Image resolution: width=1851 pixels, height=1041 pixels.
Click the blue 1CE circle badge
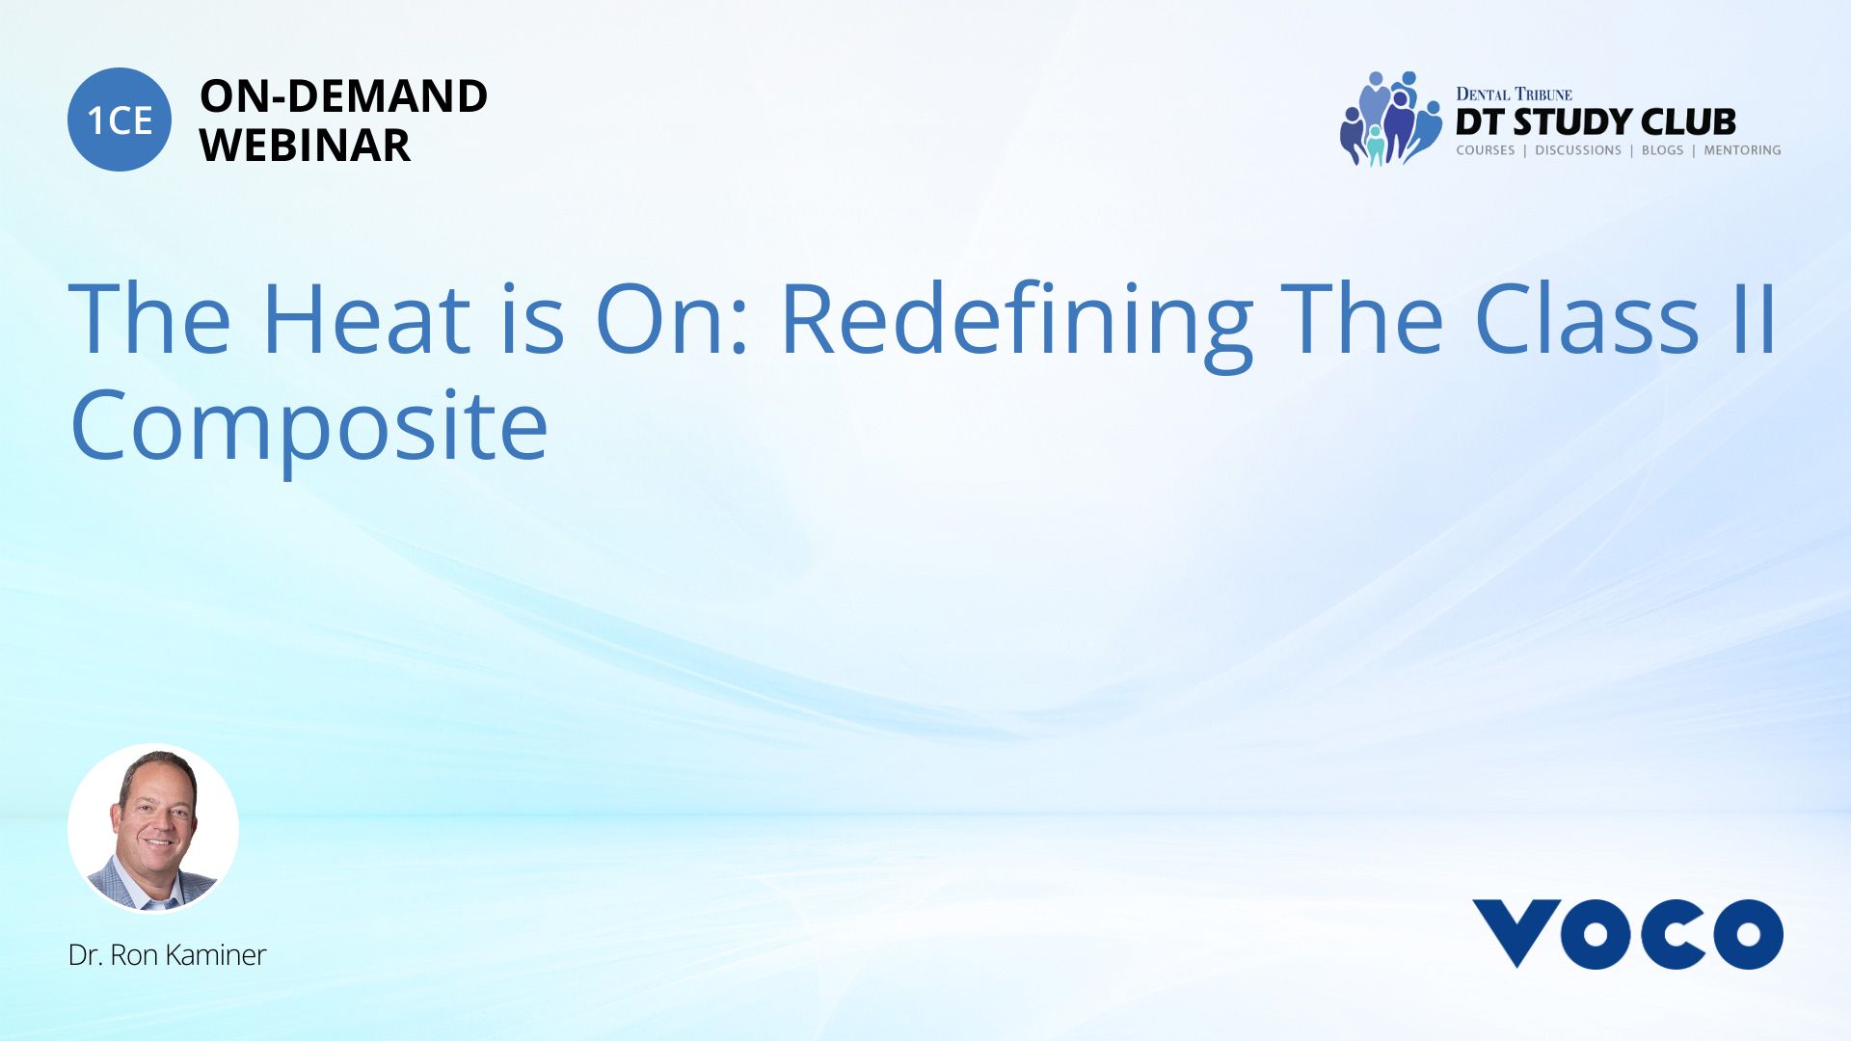tap(120, 120)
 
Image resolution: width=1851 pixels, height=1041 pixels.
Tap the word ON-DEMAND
tap(343, 96)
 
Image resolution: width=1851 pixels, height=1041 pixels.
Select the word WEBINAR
tap(305, 146)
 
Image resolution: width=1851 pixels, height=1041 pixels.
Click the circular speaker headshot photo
tap(153, 829)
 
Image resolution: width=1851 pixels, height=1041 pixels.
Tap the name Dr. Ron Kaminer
tap(167, 955)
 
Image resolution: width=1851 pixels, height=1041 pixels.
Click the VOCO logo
tap(1627, 933)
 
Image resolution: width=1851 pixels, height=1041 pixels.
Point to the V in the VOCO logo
tap(1516, 933)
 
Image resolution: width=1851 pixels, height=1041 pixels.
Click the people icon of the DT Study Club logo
tap(1390, 119)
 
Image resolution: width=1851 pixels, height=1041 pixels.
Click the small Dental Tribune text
tap(1514, 94)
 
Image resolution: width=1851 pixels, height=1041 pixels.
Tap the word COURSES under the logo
tap(1485, 150)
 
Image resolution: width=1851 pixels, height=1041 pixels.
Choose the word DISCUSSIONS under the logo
tap(1578, 150)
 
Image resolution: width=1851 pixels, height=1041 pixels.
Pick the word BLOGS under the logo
tap(1662, 150)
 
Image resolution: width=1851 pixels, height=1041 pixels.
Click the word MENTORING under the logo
tap(1742, 150)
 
